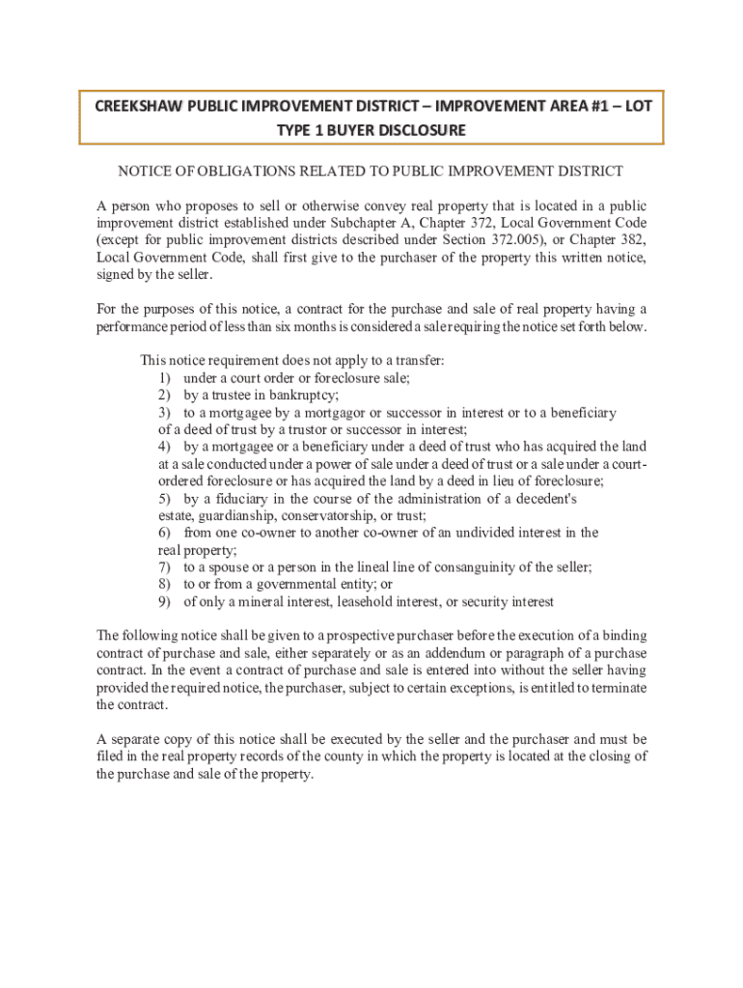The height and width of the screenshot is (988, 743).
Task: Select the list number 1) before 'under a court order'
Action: point(165,378)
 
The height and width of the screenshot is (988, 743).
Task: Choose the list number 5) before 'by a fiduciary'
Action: point(165,499)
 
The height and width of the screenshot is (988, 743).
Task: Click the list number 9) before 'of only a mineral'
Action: point(165,602)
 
